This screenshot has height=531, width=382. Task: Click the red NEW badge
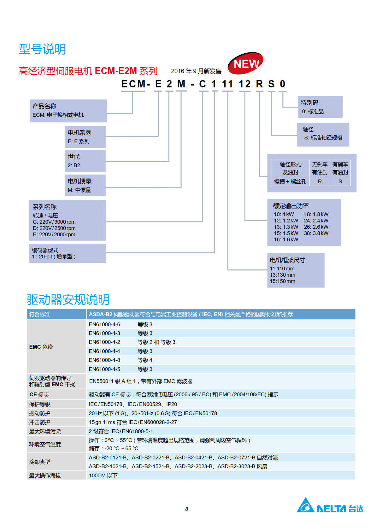point(245,63)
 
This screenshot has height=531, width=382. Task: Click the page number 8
point(187,509)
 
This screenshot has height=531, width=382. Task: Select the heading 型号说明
point(42,49)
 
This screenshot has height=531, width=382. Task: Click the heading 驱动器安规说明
point(68,299)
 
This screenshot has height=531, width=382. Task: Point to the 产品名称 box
point(68,110)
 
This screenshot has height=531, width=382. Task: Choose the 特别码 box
point(320,107)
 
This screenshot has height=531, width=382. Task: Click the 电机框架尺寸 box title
point(287,260)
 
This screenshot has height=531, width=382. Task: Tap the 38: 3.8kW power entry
point(316,233)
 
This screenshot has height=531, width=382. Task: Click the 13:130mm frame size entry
point(282,275)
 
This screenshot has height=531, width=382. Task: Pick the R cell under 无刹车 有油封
point(320,181)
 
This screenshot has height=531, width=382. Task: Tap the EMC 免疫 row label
point(41,347)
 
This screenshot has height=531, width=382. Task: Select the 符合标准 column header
point(40,314)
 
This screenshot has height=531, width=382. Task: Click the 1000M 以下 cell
point(103,475)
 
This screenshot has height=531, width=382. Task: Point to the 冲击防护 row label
point(40,422)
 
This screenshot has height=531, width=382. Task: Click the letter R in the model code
point(259,84)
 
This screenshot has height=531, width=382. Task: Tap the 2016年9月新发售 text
point(196,71)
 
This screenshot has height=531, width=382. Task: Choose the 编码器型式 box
point(68,253)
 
